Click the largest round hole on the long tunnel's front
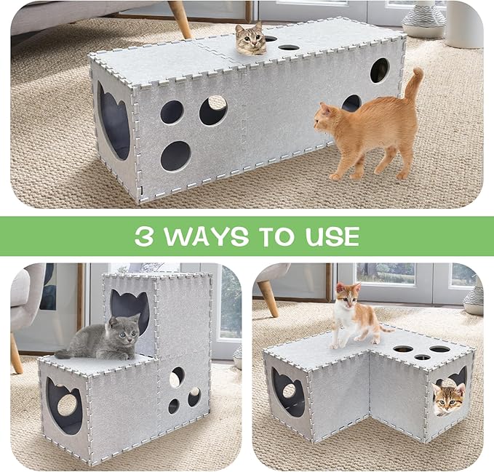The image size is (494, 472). click(x=175, y=156)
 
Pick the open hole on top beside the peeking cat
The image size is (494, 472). click(x=289, y=47)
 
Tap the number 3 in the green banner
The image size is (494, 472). click(x=145, y=236)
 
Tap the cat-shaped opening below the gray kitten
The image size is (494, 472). click(x=64, y=405)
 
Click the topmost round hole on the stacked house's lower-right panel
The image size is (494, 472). click(x=178, y=376)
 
